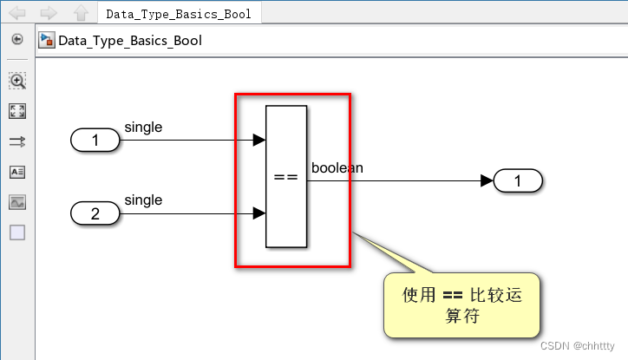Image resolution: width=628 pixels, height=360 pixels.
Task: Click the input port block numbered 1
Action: [95, 140]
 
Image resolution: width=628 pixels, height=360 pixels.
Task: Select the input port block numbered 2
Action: [95, 213]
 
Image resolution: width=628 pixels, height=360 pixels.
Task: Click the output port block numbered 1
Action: [518, 181]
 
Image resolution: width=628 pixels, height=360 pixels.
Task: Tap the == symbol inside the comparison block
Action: [286, 177]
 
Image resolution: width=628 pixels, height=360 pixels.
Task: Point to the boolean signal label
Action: [337, 167]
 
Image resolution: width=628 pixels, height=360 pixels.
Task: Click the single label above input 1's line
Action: [143, 128]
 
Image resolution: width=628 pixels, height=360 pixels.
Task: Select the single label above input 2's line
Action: [143, 200]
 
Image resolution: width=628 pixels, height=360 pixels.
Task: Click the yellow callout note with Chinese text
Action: [462, 305]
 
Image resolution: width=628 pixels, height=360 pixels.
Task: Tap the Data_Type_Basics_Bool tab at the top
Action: [179, 14]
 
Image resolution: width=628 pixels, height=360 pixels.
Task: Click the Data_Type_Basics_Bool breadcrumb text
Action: [130, 40]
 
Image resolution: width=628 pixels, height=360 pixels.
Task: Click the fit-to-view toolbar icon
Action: [17, 111]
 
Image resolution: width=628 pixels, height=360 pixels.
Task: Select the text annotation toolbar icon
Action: [17, 172]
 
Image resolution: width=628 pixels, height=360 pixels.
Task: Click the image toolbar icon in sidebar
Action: [17, 202]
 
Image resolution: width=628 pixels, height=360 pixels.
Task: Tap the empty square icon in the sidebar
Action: [17, 232]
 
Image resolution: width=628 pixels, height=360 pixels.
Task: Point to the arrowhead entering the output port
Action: [487, 181]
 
